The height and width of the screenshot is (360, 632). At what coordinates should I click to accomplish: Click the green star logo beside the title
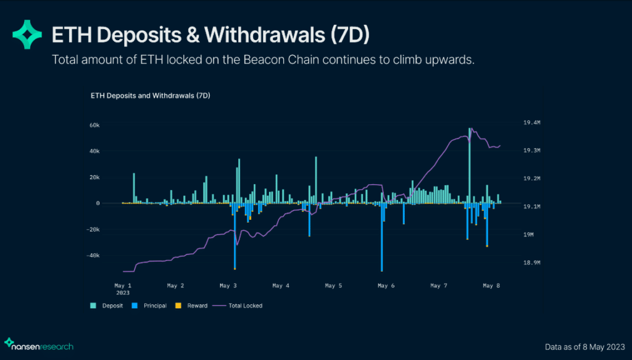coord(27,34)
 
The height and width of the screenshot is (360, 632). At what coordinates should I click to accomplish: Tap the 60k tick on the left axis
coord(94,125)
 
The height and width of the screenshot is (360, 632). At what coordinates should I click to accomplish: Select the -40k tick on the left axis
coord(93,256)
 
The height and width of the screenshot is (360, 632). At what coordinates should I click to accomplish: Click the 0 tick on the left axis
coord(98,203)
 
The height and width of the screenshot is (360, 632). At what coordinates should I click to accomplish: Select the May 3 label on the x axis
coord(228,286)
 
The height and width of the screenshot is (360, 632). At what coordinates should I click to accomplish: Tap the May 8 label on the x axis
coord(491,286)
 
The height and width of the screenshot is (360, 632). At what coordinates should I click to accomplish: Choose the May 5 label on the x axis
coord(333,286)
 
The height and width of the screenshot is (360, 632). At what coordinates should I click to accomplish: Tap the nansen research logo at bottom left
coord(38,346)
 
